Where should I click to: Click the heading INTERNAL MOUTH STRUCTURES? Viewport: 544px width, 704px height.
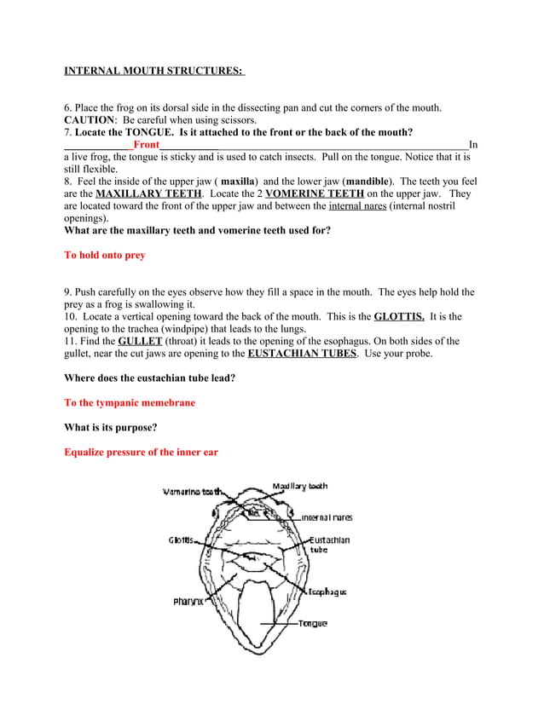tap(154, 71)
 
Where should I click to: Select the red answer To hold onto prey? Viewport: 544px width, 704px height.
tap(105, 255)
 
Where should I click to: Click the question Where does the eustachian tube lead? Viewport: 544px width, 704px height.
tap(150, 378)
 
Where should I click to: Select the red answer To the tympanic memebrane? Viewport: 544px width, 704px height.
tap(130, 402)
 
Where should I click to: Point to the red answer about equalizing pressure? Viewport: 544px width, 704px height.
tap(142, 452)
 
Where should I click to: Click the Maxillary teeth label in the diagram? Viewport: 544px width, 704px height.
tap(299, 487)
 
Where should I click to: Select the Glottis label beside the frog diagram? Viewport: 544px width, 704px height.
tap(180, 540)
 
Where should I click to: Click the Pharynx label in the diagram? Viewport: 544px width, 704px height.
tap(188, 601)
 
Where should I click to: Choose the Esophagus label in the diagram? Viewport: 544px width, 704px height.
tap(327, 591)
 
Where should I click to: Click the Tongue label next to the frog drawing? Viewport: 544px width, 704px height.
tap(312, 624)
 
